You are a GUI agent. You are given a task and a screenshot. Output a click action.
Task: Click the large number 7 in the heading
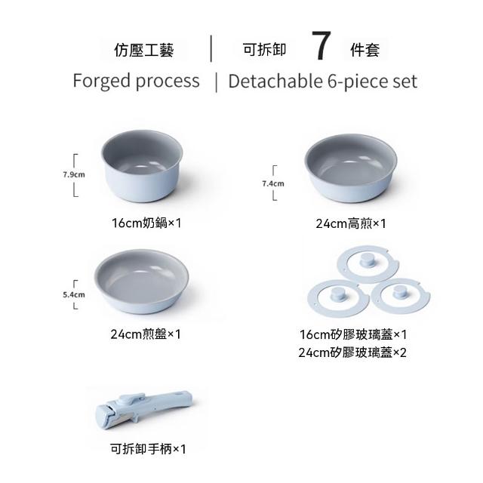tap(321, 45)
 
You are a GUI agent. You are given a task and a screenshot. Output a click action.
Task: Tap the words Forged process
tap(136, 81)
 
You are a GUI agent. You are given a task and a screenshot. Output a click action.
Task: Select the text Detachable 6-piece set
tap(323, 82)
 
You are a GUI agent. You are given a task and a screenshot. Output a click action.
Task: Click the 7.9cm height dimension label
tap(74, 174)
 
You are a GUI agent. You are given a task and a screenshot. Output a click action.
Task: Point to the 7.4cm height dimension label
tap(273, 183)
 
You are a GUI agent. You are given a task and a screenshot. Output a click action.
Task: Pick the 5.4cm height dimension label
tap(74, 294)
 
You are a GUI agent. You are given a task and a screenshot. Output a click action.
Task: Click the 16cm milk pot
tap(142, 166)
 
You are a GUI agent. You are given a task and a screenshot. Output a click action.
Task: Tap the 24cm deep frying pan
tap(351, 168)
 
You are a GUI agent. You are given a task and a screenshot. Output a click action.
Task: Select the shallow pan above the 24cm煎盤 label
tap(141, 281)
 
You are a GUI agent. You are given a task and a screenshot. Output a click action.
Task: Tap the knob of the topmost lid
tap(368, 259)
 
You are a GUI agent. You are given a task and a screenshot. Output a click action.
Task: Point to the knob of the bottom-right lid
tap(400, 291)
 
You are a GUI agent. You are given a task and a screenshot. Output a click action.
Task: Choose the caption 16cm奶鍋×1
tap(146, 223)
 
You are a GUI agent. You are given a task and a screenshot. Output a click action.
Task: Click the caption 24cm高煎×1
tap(350, 223)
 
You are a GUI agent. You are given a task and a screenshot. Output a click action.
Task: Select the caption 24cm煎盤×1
tap(146, 334)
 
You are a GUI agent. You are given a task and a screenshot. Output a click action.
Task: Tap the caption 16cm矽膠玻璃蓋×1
tap(353, 334)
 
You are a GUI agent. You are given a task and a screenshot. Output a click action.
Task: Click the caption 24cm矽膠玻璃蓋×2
tap(352, 352)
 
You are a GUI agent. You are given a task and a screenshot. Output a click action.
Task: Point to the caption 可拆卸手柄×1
tap(148, 449)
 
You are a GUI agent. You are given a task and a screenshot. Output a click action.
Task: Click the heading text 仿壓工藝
tap(144, 51)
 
